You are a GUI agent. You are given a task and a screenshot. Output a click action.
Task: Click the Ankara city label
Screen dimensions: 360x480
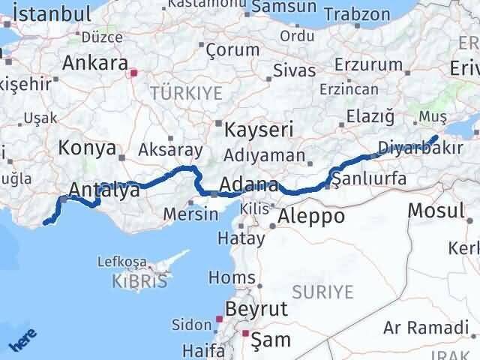click(x=94, y=64)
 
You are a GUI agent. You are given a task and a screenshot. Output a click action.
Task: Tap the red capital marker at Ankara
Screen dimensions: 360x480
click(x=134, y=73)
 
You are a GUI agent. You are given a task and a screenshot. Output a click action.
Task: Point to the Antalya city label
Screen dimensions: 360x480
click(x=103, y=191)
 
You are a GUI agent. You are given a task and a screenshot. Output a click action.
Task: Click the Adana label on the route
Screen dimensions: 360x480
click(x=250, y=185)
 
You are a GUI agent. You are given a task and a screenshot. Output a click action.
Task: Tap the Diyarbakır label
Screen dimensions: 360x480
click(x=420, y=147)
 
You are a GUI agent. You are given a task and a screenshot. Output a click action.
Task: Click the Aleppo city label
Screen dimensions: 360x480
click(x=311, y=217)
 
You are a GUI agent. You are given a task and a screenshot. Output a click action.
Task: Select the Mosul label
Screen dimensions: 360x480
click(x=436, y=210)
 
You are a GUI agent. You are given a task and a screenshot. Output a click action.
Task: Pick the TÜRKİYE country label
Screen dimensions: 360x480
click(x=187, y=93)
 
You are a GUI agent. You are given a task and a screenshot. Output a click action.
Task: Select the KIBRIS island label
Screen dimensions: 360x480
click(x=139, y=282)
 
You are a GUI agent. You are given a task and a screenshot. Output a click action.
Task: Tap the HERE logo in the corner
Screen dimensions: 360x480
click(x=22, y=341)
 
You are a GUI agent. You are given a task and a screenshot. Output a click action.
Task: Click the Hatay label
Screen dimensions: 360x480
click(x=241, y=239)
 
